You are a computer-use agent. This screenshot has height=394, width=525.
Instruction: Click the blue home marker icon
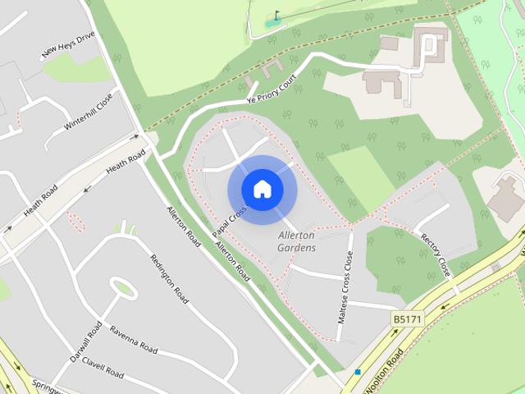[262, 190]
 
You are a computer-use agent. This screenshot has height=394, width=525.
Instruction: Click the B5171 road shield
[407, 318]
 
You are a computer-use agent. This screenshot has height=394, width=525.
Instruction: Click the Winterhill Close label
[88, 113]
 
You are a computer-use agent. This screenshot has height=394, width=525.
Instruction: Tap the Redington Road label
[169, 278]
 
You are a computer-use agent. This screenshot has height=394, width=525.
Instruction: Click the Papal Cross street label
[229, 222]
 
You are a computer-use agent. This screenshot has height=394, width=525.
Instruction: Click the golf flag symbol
[276, 14]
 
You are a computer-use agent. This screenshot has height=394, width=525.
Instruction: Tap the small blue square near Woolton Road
[358, 372]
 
